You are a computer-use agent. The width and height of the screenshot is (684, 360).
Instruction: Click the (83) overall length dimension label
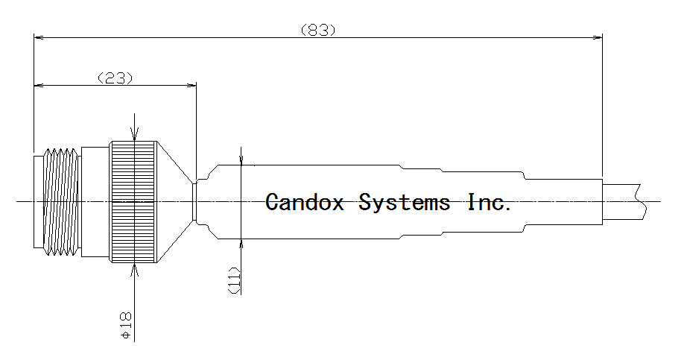click(318, 30)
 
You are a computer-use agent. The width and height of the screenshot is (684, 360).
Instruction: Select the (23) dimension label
click(115, 78)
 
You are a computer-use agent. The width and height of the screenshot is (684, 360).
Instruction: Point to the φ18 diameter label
click(126, 326)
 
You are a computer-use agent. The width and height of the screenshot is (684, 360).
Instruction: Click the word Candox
click(305, 202)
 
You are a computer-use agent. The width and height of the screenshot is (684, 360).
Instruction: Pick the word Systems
click(405, 202)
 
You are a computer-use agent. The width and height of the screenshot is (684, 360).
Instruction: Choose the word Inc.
click(490, 202)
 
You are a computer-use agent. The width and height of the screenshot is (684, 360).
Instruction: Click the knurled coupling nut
click(134, 202)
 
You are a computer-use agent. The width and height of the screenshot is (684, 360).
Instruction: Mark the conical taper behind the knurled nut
click(174, 202)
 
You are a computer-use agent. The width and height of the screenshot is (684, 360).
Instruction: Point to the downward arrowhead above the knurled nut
click(134, 136)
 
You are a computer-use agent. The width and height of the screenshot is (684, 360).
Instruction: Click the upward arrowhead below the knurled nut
click(134, 269)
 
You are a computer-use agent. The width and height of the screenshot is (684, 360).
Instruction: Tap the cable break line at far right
click(640, 200)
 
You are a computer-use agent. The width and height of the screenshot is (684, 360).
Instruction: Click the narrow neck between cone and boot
click(195, 202)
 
